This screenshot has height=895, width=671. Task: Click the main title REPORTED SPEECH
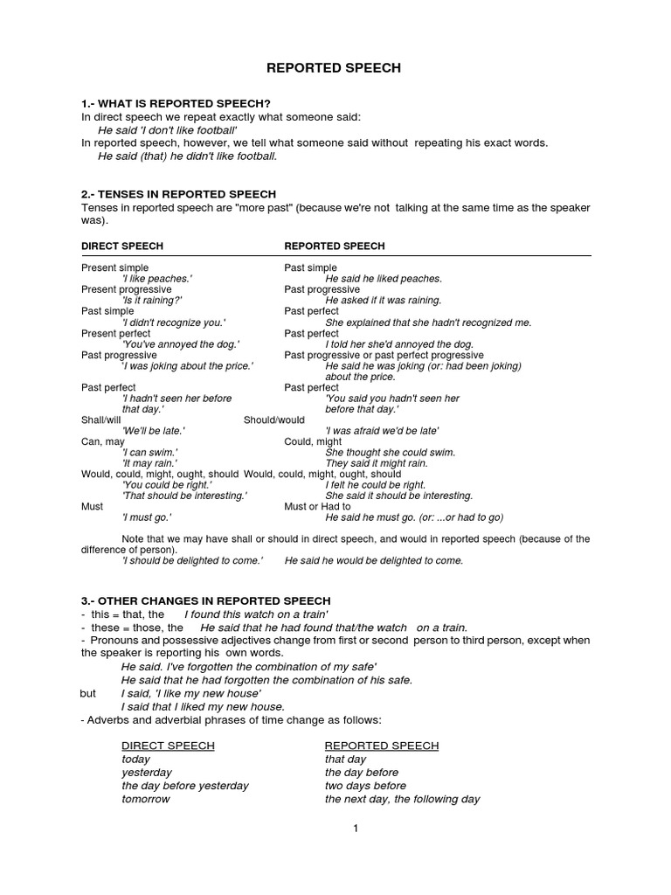pyautogui.click(x=335, y=68)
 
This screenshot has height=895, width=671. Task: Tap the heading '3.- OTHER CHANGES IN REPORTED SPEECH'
pyautogui.click(x=206, y=600)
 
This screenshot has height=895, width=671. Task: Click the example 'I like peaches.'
pyautogui.click(x=157, y=279)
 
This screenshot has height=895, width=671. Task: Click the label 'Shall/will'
pyautogui.click(x=104, y=420)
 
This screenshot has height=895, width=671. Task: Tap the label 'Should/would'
pyautogui.click(x=274, y=420)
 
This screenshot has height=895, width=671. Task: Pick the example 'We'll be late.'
pyautogui.click(x=154, y=431)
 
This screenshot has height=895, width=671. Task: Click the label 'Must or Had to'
pyautogui.click(x=317, y=506)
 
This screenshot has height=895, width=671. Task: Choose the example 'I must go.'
pyautogui.click(x=147, y=517)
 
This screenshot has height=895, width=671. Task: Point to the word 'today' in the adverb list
pyautogui.click(x=136, y=760)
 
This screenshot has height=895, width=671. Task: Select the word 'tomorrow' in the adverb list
pyautogui.click(x=145, y=799)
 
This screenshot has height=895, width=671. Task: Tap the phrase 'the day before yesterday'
pyautogui.click(x=185, y=786)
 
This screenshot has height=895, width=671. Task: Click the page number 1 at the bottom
pyautogui.click(x=356, y=829)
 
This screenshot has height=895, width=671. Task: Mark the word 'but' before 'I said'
pyautogui.click(x=88, y=693)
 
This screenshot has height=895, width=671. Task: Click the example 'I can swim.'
pyautogui.click(x=149, y=453)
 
